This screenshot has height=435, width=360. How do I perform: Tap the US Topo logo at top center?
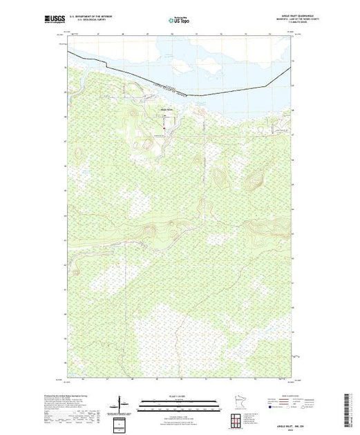click(180, 21)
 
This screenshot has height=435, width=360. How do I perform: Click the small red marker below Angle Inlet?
click(163, 126)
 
